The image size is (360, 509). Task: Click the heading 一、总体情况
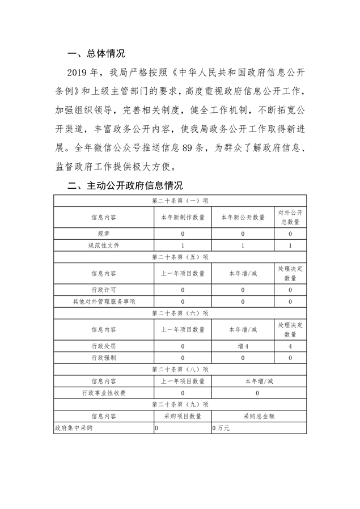pos(96,54)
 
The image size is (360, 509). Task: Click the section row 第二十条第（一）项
pos(180,201)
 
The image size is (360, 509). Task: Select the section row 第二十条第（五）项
pos(180,257)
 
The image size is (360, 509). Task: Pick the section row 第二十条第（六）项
pos(180,313)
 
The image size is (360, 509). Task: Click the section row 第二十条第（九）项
pos(180,404)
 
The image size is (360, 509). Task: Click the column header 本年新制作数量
pos(183,217)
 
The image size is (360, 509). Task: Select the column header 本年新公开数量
pos(243,217)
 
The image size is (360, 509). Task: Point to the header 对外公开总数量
pos(290,217)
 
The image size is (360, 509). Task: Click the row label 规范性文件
pos(104,245)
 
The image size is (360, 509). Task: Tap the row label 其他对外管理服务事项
pos(104,302)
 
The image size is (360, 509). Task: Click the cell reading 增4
pos(243,346)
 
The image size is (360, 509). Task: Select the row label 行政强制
pos(104,358)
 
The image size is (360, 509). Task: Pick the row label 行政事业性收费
pos(104,393)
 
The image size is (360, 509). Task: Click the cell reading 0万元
pos(221,428)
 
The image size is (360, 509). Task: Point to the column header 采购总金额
pos(259,416)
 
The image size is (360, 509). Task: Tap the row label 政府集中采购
pos(74,428)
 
